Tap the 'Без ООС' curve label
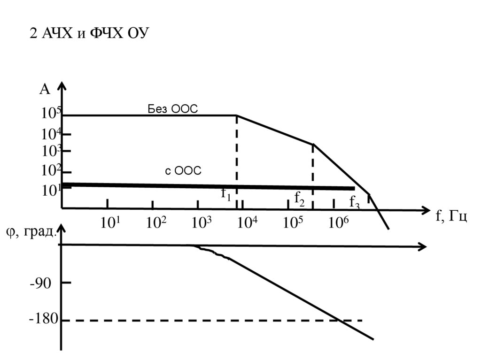click(173, 109)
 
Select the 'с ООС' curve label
click(183, 171)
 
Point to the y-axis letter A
click(45, 90)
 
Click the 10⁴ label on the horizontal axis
click(248, 222)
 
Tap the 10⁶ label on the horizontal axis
click(339, 222)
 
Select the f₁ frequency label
click(226, 194)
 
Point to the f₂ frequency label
click(299, 199)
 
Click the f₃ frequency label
click(355, 202)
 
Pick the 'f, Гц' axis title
click(451, 216)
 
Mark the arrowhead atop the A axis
click(62, 86)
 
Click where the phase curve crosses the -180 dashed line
click(338, 321)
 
